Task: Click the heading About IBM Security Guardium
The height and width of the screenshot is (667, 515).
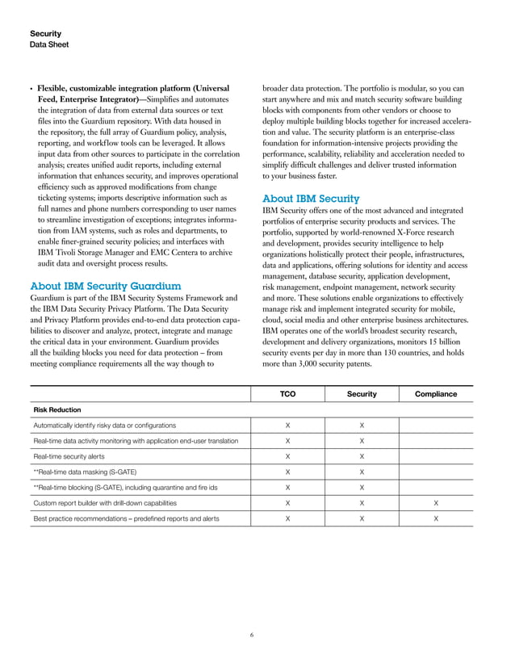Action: click(x=105, y=286)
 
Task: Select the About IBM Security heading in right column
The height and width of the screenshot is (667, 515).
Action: click(x=312, y=199)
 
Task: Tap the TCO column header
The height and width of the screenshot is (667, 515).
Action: click(x=287, y=394)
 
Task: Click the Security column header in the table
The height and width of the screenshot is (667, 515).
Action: click(x=361, y=394)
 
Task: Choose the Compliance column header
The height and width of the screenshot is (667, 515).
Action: click(x=436, y=394)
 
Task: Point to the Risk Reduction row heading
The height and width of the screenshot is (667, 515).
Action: click(x=57, y=409)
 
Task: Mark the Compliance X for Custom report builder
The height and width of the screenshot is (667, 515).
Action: click(x=436, y=502)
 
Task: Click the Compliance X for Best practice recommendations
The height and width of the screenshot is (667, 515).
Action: click(x=436, y=518)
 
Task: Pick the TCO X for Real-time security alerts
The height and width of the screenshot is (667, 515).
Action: click(x=287, y=456)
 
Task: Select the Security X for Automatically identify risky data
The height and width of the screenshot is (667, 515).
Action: click(x=361, y=425)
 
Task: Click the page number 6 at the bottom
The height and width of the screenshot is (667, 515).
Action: click(x=252, y=636)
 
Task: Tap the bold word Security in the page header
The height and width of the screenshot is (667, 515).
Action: click(x=45, y=34)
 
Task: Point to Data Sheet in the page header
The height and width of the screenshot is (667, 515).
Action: click(x=49, y=45)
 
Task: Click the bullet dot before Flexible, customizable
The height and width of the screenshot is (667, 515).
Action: click(x=31, y=88)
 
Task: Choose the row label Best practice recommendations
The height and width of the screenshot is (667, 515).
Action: click(x=125, y=518)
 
